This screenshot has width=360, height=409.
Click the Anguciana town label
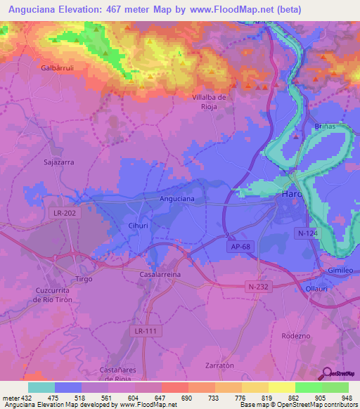(x=177, y=199)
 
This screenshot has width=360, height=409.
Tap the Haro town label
(x=291, y=194)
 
